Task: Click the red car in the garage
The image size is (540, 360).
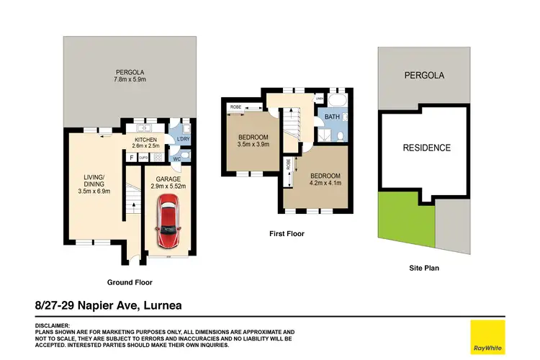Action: pos(168,219)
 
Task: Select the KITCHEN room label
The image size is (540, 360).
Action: pos(146,139)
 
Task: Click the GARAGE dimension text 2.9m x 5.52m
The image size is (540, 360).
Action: pos(168,186)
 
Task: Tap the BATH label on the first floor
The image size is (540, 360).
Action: pos(332,117)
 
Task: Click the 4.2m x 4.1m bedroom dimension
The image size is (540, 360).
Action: pos(325,183)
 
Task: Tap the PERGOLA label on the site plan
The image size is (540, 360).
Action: pos(424,76)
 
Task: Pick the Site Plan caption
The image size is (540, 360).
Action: pos(423,268)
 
